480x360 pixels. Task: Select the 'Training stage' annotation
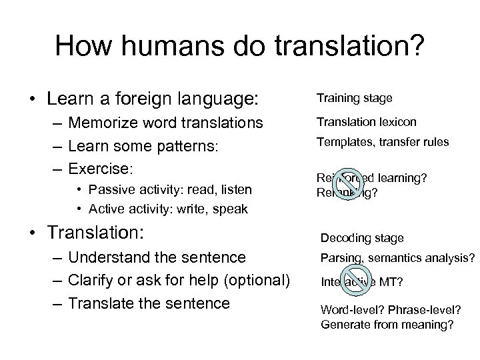pos(355,99)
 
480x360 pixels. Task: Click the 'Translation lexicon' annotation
pos(367,122)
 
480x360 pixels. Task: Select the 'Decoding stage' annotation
pos(361,238)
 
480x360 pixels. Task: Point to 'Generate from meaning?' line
pos(387,325)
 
